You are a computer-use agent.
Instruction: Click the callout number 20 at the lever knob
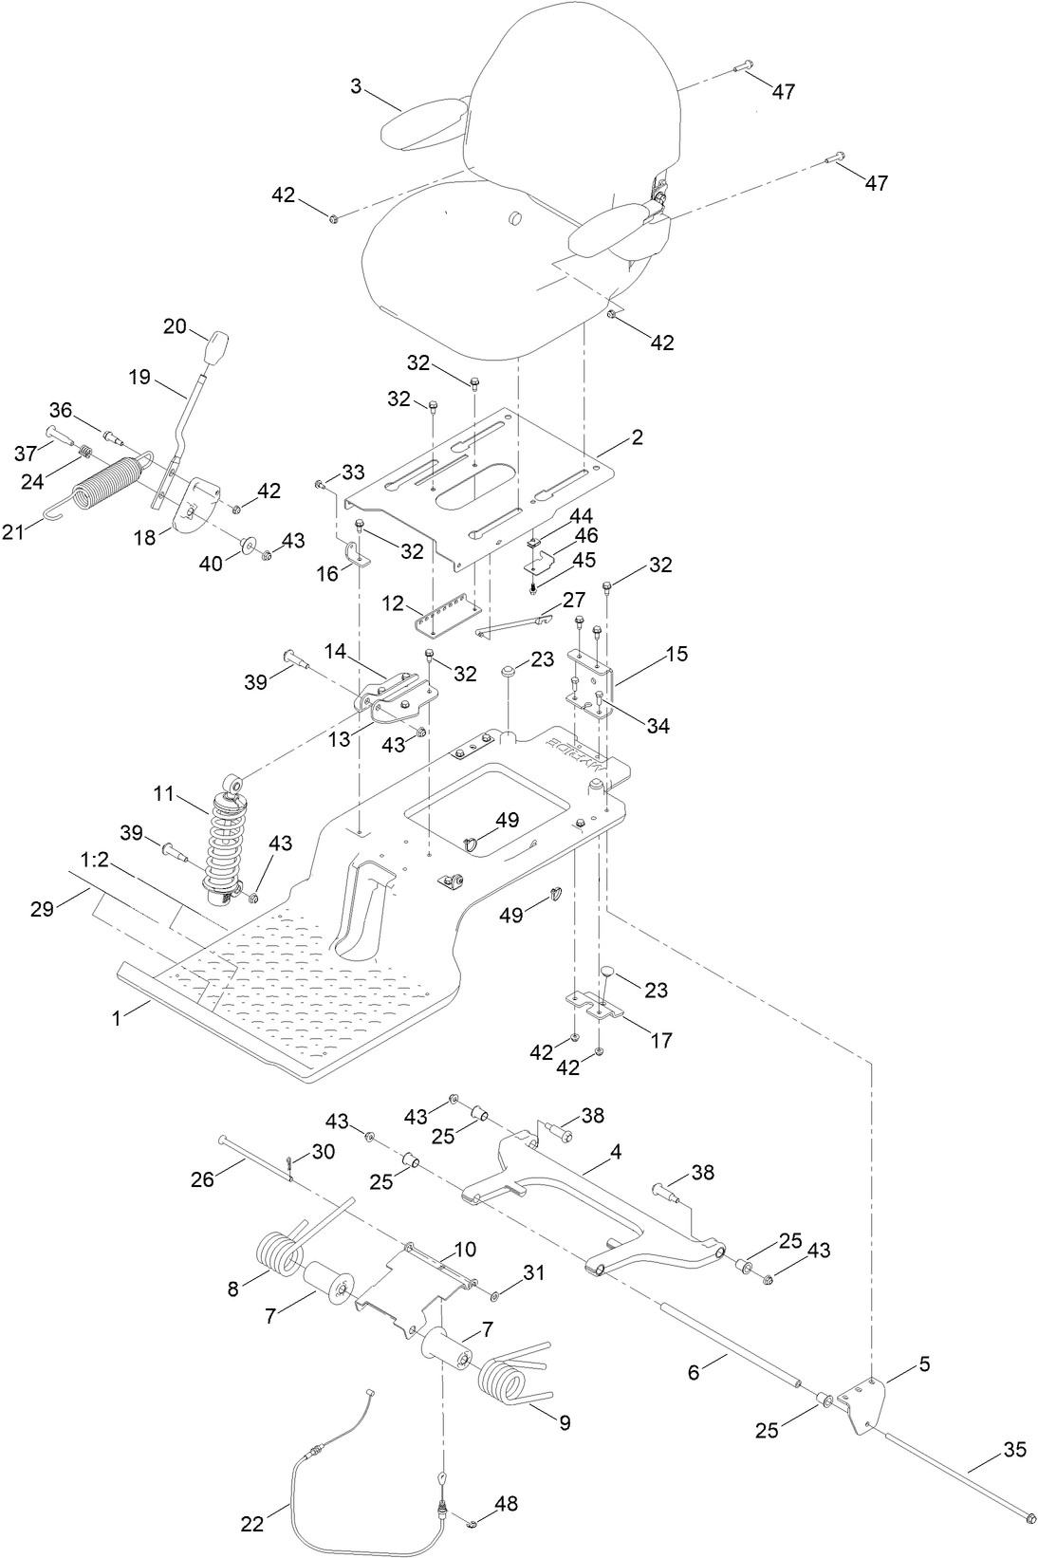pyautogui.click(x=175, y=325)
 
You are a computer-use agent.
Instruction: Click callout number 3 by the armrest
pyautogui.click(x=355, y=86)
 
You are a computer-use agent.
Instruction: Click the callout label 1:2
pyautogui.click(x=95, y=859)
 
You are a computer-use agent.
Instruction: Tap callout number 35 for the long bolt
pyautogui.click(x=1015, y=1450)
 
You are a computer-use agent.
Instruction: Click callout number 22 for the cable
pyautogui.click(x=251, y=1496)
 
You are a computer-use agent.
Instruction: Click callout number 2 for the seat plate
pyautogui.click(x=636, y=437)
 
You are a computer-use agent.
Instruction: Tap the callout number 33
pyautogui.click(x=353, y=472)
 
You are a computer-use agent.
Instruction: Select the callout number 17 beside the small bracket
pyautogui.click(x=660, y=1040)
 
